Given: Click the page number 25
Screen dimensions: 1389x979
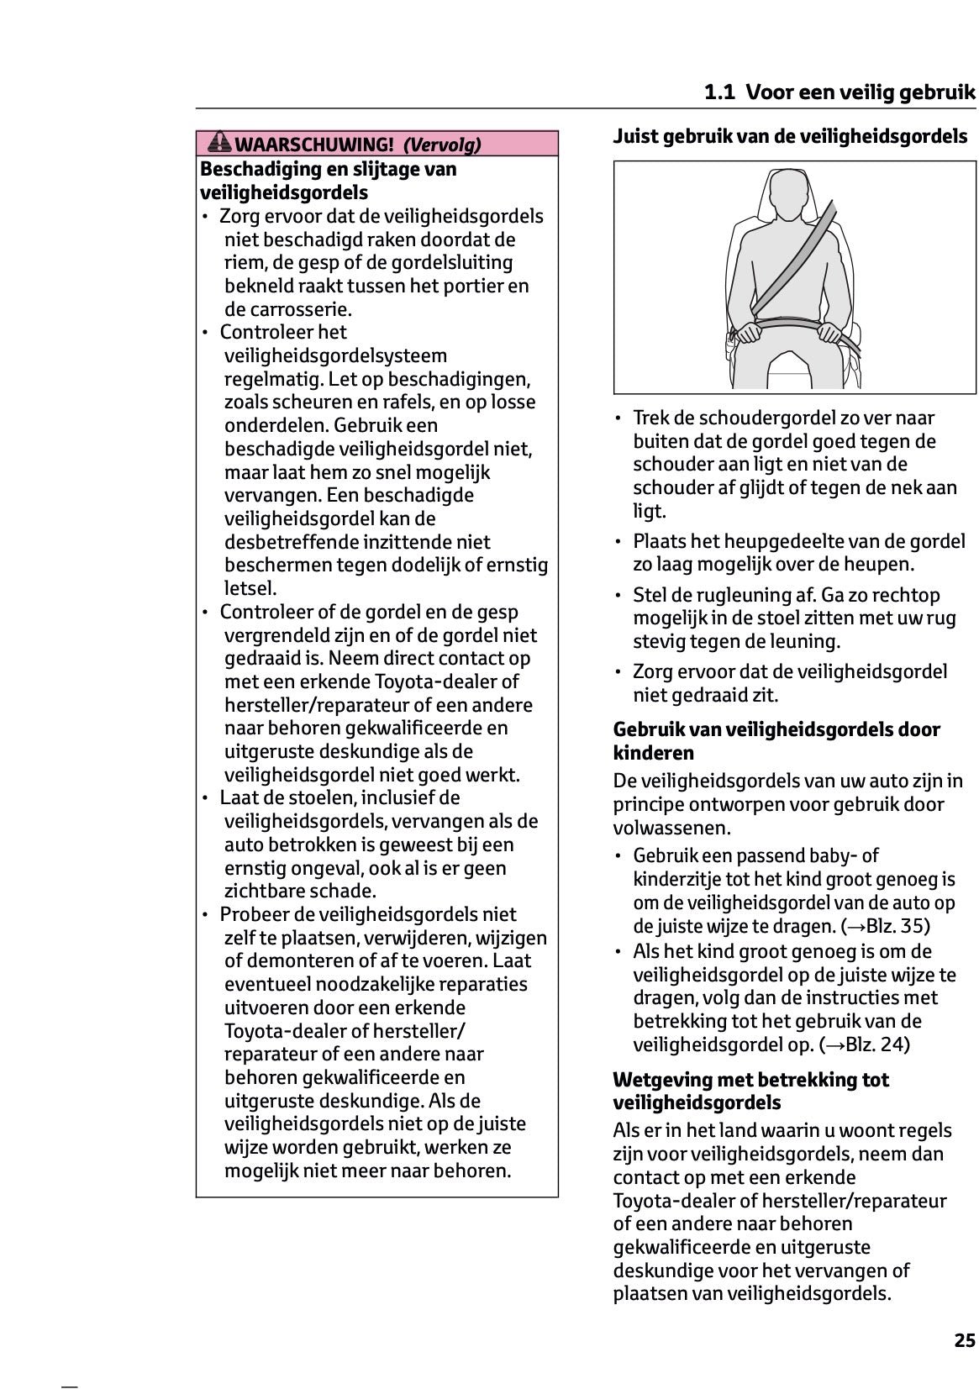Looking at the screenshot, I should point(965,1340).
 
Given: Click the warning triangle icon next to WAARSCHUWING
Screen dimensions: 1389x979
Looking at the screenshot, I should point(219,143).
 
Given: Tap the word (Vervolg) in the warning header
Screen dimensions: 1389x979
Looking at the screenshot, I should point(442,145).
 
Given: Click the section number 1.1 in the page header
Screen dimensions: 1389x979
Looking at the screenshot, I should point(720,92).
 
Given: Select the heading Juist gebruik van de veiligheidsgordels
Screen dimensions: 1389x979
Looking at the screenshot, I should point(790,136).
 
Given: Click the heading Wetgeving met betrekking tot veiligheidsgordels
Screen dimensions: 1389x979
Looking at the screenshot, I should point(750,1091).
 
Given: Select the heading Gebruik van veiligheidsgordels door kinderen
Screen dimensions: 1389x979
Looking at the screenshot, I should point(776,740).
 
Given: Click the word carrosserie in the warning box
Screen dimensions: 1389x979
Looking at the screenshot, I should point(287,308).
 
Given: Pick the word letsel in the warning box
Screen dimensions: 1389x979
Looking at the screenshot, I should point(250,588).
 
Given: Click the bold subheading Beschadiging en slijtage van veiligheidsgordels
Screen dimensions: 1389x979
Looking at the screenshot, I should point(328,180).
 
